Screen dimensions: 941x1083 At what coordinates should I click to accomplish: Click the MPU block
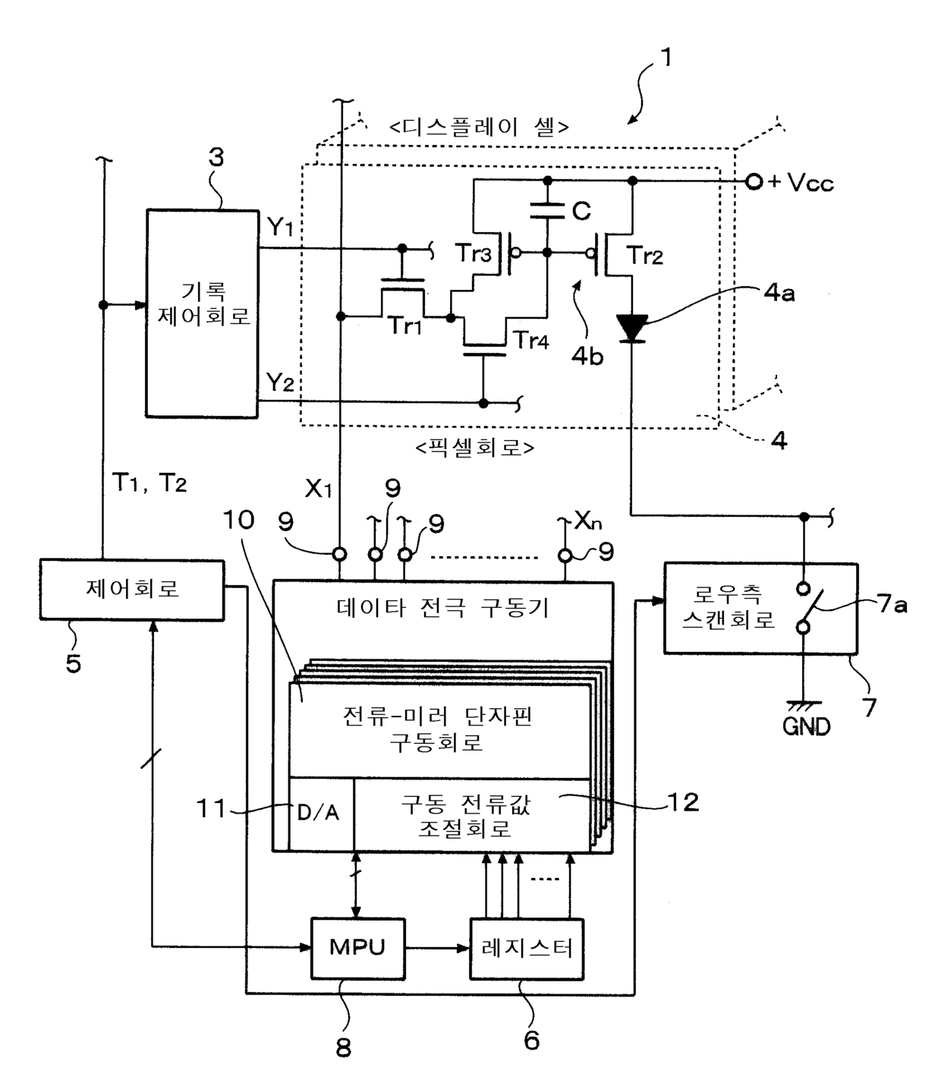point(357,948)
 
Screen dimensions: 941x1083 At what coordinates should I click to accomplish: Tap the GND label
point(805,727)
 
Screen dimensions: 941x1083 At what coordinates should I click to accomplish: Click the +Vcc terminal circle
point(754,182)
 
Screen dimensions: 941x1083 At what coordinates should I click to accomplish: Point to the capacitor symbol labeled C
point(547,210)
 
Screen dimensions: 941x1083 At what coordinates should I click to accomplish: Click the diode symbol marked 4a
point(632,328)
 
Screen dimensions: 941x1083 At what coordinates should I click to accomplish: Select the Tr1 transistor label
point(405,326)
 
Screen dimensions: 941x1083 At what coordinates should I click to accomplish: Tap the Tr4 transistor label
point(531,339)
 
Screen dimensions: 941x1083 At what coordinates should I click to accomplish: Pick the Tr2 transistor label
point(644,256)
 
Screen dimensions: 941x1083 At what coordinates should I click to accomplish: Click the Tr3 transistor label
point(473,253)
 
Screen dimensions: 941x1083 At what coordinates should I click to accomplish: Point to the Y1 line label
point(280,228)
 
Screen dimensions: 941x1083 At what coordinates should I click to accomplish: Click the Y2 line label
point(280,383)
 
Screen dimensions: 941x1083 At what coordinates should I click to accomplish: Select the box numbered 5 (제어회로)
point(132,589)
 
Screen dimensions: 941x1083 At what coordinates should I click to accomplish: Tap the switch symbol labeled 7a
point(804,608)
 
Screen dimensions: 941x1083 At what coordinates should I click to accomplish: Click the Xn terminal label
point(588,521)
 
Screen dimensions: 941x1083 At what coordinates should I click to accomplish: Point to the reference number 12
point(683,802)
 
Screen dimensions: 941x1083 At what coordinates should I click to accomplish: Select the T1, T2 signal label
point(149,483)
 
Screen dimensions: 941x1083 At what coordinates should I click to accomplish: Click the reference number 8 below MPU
point(344,1047)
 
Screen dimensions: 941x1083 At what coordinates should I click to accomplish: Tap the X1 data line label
point(318,489)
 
